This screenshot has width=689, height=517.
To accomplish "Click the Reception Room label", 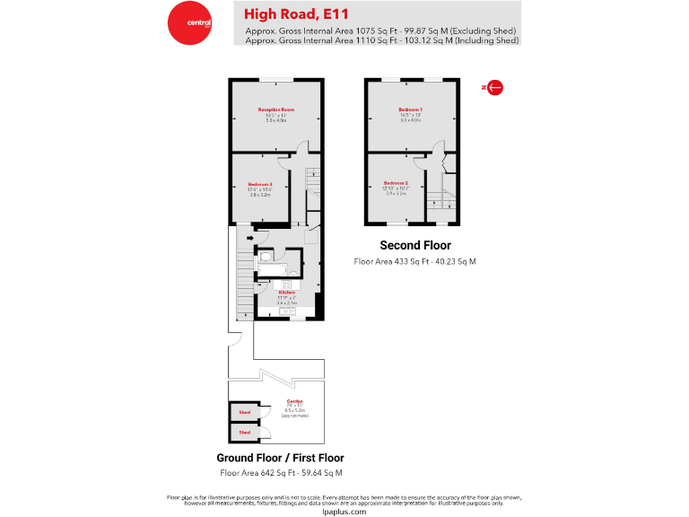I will (276, 110).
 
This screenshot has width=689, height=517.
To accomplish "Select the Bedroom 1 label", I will (410, 110).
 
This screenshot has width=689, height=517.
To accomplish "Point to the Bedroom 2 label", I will (396, 183).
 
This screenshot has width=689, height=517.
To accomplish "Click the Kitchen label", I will (286, 293).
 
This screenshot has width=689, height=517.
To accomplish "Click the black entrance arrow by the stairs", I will (250, 239).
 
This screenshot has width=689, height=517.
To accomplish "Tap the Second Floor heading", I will (415, 245).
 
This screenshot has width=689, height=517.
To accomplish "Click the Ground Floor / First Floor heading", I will (280, 458).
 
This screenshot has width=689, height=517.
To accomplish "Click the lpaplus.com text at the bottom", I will (344, 510).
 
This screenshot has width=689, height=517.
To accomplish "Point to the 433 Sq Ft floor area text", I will (415, 261).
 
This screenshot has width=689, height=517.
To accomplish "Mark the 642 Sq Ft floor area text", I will (280, 472).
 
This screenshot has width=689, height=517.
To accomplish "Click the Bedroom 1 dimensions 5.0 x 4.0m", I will (410, 119).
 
